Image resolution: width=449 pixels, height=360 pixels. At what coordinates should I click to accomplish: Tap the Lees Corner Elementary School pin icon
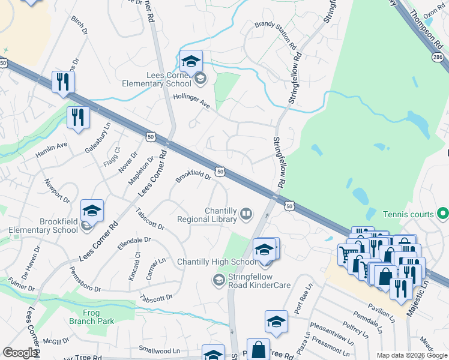point(191,62)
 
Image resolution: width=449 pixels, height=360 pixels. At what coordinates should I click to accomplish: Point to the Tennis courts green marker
point(443,213)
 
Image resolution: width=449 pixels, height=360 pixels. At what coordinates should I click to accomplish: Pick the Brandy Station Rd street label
point(276,35)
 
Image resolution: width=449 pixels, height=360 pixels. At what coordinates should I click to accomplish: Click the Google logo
point(20,353)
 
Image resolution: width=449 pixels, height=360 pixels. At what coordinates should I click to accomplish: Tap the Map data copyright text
point(412,355)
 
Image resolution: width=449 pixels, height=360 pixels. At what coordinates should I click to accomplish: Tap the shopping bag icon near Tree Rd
point(259,350)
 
